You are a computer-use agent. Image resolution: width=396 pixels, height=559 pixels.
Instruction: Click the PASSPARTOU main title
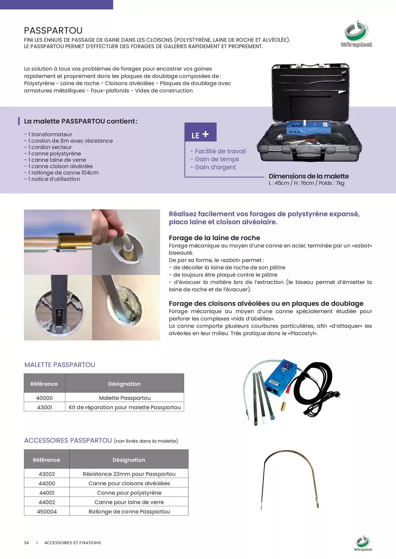[53, 31]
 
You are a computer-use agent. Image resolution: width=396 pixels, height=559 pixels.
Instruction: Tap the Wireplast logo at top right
[356, 34]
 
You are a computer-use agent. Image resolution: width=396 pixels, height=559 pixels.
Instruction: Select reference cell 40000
[45, 398]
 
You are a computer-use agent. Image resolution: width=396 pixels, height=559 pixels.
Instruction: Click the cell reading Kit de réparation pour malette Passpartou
[125, 407]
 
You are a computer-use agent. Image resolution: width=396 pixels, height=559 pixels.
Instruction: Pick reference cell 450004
[47, 512]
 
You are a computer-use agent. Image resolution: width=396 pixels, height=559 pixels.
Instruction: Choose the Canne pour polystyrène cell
[129, 493]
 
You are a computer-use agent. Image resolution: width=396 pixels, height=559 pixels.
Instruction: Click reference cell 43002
[47, 474]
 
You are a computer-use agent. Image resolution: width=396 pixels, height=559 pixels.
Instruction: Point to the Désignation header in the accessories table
[129, 460]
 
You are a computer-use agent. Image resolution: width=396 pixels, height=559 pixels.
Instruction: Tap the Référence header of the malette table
[44, 384]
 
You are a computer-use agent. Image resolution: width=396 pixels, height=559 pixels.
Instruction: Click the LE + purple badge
[200, 132]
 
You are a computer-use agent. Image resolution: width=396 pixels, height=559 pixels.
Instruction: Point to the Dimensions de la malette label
[309, 176]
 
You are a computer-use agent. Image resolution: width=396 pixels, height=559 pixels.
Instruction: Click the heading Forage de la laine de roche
[214, 238]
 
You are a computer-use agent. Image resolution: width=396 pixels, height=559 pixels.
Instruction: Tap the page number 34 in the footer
[26, 543]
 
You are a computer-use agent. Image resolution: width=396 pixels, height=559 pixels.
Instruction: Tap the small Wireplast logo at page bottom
[363, 544]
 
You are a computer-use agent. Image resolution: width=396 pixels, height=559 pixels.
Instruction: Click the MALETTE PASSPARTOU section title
[60, 365]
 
